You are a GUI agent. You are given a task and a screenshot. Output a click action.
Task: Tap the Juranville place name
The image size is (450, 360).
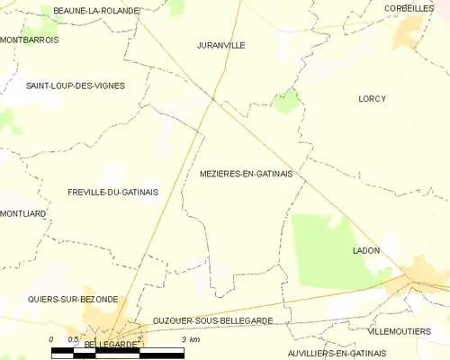point(220,44)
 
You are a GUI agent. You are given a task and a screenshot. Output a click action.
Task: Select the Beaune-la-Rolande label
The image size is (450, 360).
point(96,10)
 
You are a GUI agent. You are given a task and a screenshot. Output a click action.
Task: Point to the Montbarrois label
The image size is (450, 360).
point(30,40)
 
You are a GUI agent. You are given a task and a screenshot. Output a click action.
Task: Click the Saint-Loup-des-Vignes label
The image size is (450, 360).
point(76,85)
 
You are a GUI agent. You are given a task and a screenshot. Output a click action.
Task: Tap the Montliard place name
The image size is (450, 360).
point(23,213)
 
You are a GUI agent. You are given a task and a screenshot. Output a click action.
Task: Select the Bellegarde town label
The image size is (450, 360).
point(113,345)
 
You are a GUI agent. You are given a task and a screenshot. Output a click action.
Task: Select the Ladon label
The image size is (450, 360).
point(366,250)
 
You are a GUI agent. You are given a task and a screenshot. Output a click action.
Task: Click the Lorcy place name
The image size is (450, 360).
point(372,99)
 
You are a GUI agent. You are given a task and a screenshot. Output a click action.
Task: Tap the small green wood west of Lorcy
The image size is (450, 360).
point(287,101)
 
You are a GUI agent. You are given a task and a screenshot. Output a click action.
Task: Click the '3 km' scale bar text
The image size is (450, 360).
point(190,338)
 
